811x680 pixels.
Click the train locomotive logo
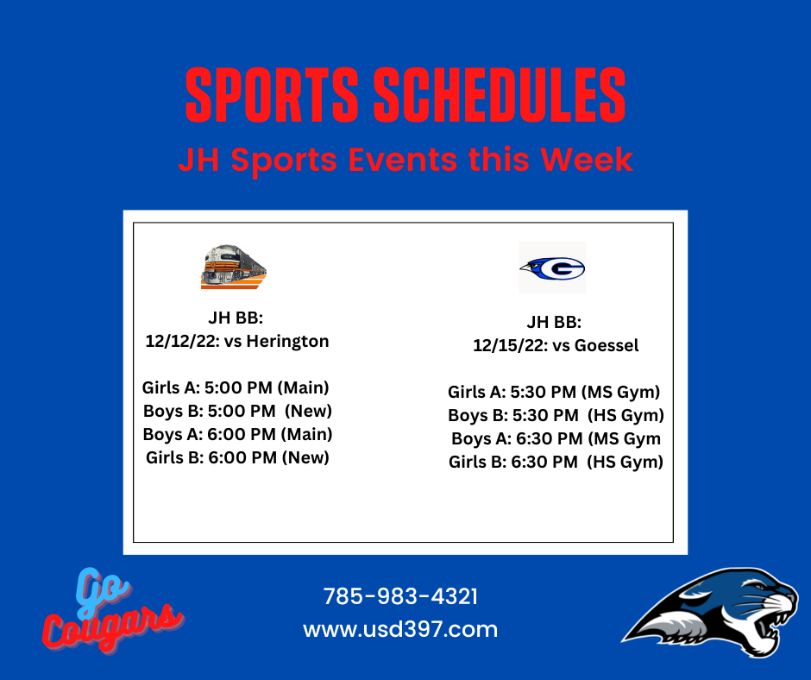click(x=234, y=267)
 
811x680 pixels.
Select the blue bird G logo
click(x=552, y=268)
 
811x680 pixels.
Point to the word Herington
click(x=287, y=341)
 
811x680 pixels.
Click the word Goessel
click(x=607, y=345)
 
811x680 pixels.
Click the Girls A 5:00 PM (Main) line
click(x=236, y=387)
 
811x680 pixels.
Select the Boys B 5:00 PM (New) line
click(x=237, y=411)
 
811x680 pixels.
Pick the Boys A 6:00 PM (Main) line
click(x=237, y=434)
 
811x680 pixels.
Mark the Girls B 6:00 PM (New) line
click(x=237, y=457)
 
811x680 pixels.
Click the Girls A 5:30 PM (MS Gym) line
click(x=554, y=393)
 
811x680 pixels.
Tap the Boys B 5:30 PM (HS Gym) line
click(x=556, y=416)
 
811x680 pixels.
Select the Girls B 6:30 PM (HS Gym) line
click(x=556, y=463)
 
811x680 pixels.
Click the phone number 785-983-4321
click(x=400, y=596)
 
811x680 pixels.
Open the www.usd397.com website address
click(x=400, y=630)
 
